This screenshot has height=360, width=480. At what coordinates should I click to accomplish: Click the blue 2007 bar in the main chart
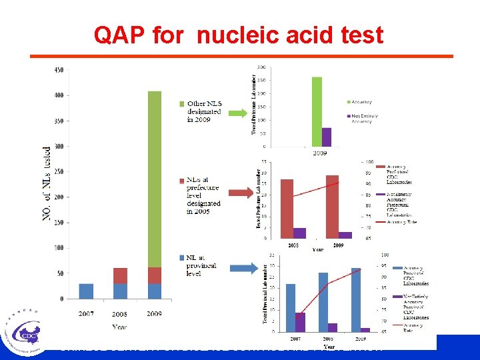tap(86, 291)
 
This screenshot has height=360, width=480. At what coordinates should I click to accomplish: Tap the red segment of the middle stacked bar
tap(120, 276)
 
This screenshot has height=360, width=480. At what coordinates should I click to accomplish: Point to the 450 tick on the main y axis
tap(59, 70)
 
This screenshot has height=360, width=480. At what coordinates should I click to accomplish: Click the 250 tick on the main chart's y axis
tap(59, 171)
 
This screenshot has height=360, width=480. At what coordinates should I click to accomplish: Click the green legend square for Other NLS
tap(182, 103)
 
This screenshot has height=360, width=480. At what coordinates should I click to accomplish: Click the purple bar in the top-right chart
tap(327, 137)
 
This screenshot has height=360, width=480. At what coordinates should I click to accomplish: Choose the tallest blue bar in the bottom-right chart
tap(355, 299)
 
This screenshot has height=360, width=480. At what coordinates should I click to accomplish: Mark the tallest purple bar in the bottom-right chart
tap(300, 322)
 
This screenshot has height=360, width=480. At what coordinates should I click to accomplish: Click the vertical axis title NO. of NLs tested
tap(47, 185)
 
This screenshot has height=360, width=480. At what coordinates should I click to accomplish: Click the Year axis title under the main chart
tap(120, 327)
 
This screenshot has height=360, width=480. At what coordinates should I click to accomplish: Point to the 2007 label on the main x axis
tap(86, 313)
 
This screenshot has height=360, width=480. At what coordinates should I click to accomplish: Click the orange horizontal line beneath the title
tap(240, 56)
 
